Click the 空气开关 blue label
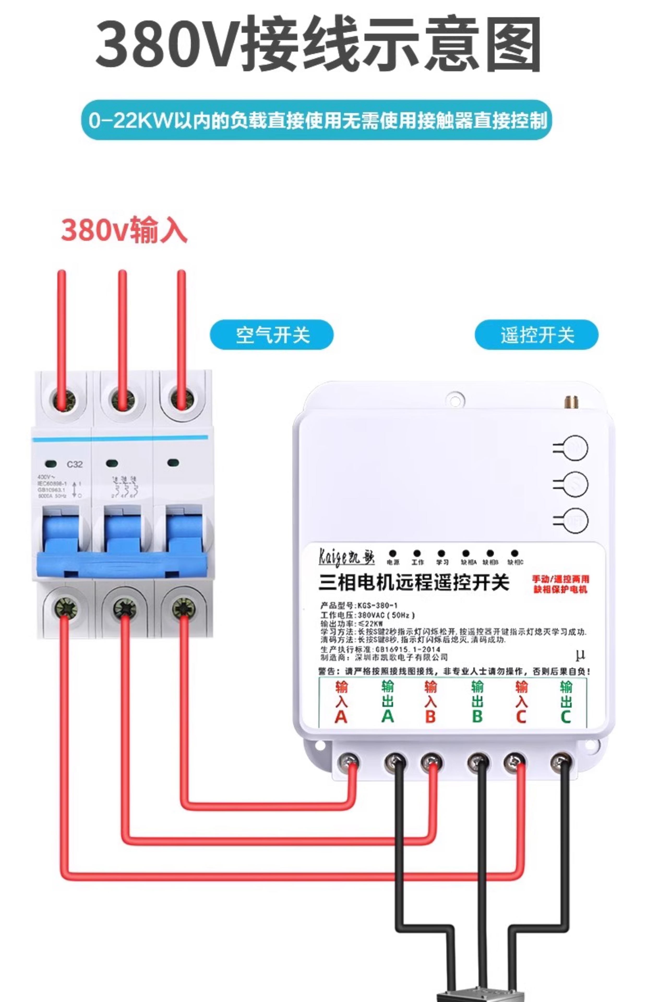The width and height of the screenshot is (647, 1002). click(271, 335)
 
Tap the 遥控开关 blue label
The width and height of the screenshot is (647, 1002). click(536, 335)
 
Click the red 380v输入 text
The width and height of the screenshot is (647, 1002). click(124, 230)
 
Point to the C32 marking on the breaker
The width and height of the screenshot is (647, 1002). click(75, 464)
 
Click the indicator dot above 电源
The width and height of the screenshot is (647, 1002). click(393, 553)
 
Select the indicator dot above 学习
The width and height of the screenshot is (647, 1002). click(441, 553)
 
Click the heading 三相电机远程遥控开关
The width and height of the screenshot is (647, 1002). click(414, 583)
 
